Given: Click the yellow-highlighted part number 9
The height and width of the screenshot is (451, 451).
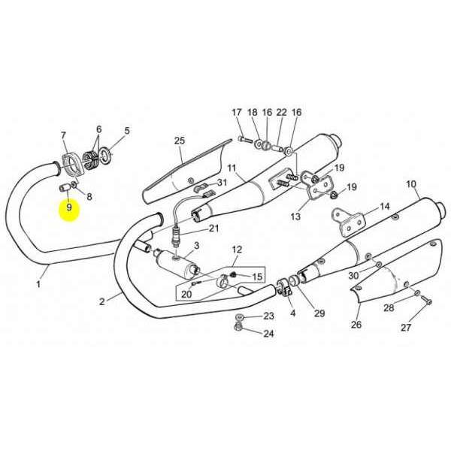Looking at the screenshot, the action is [69, 207].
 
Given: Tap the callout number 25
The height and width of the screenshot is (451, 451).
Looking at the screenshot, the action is [180, 141].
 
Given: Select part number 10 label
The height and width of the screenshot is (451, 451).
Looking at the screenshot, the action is [411, 184].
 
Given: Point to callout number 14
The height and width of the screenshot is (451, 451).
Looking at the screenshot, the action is [385, 206].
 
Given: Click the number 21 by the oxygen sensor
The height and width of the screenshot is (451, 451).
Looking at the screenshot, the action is [213, 229].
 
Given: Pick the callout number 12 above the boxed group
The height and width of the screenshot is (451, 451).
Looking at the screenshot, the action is [237, 249].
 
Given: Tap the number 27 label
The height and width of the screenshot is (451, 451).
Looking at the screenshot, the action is [406, 327].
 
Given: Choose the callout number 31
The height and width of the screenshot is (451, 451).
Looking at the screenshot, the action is [222, 183].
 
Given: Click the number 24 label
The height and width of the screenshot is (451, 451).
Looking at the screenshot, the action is [268, 334].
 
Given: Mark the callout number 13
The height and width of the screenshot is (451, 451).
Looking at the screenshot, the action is [295, 216].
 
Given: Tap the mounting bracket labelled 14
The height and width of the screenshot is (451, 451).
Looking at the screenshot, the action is [348, 222].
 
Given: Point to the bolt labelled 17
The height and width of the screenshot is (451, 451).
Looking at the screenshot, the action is [245, 140].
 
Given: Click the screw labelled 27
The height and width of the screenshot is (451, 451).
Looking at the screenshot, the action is [427, 301].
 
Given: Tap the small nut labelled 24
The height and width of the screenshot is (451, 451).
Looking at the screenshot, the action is [238, 326].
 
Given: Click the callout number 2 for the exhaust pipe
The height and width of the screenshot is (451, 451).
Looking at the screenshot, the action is [102, 301].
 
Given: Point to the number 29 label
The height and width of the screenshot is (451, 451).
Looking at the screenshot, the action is [319, 313].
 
